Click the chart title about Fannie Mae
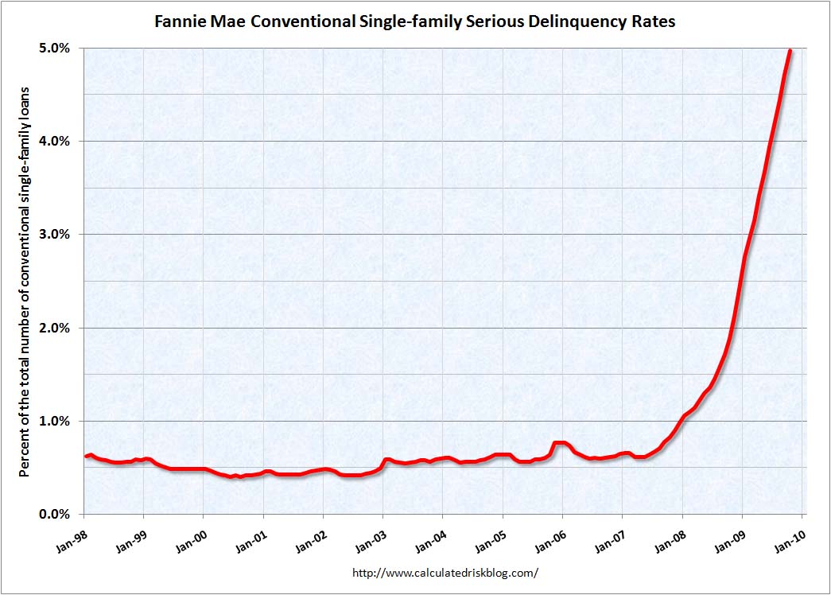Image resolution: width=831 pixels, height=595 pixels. point(414,21)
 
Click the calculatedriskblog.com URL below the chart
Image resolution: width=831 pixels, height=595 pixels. point(445,572)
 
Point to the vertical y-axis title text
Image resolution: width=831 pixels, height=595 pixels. point(25,281)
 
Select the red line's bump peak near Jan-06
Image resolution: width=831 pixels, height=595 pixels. point(560,443)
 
